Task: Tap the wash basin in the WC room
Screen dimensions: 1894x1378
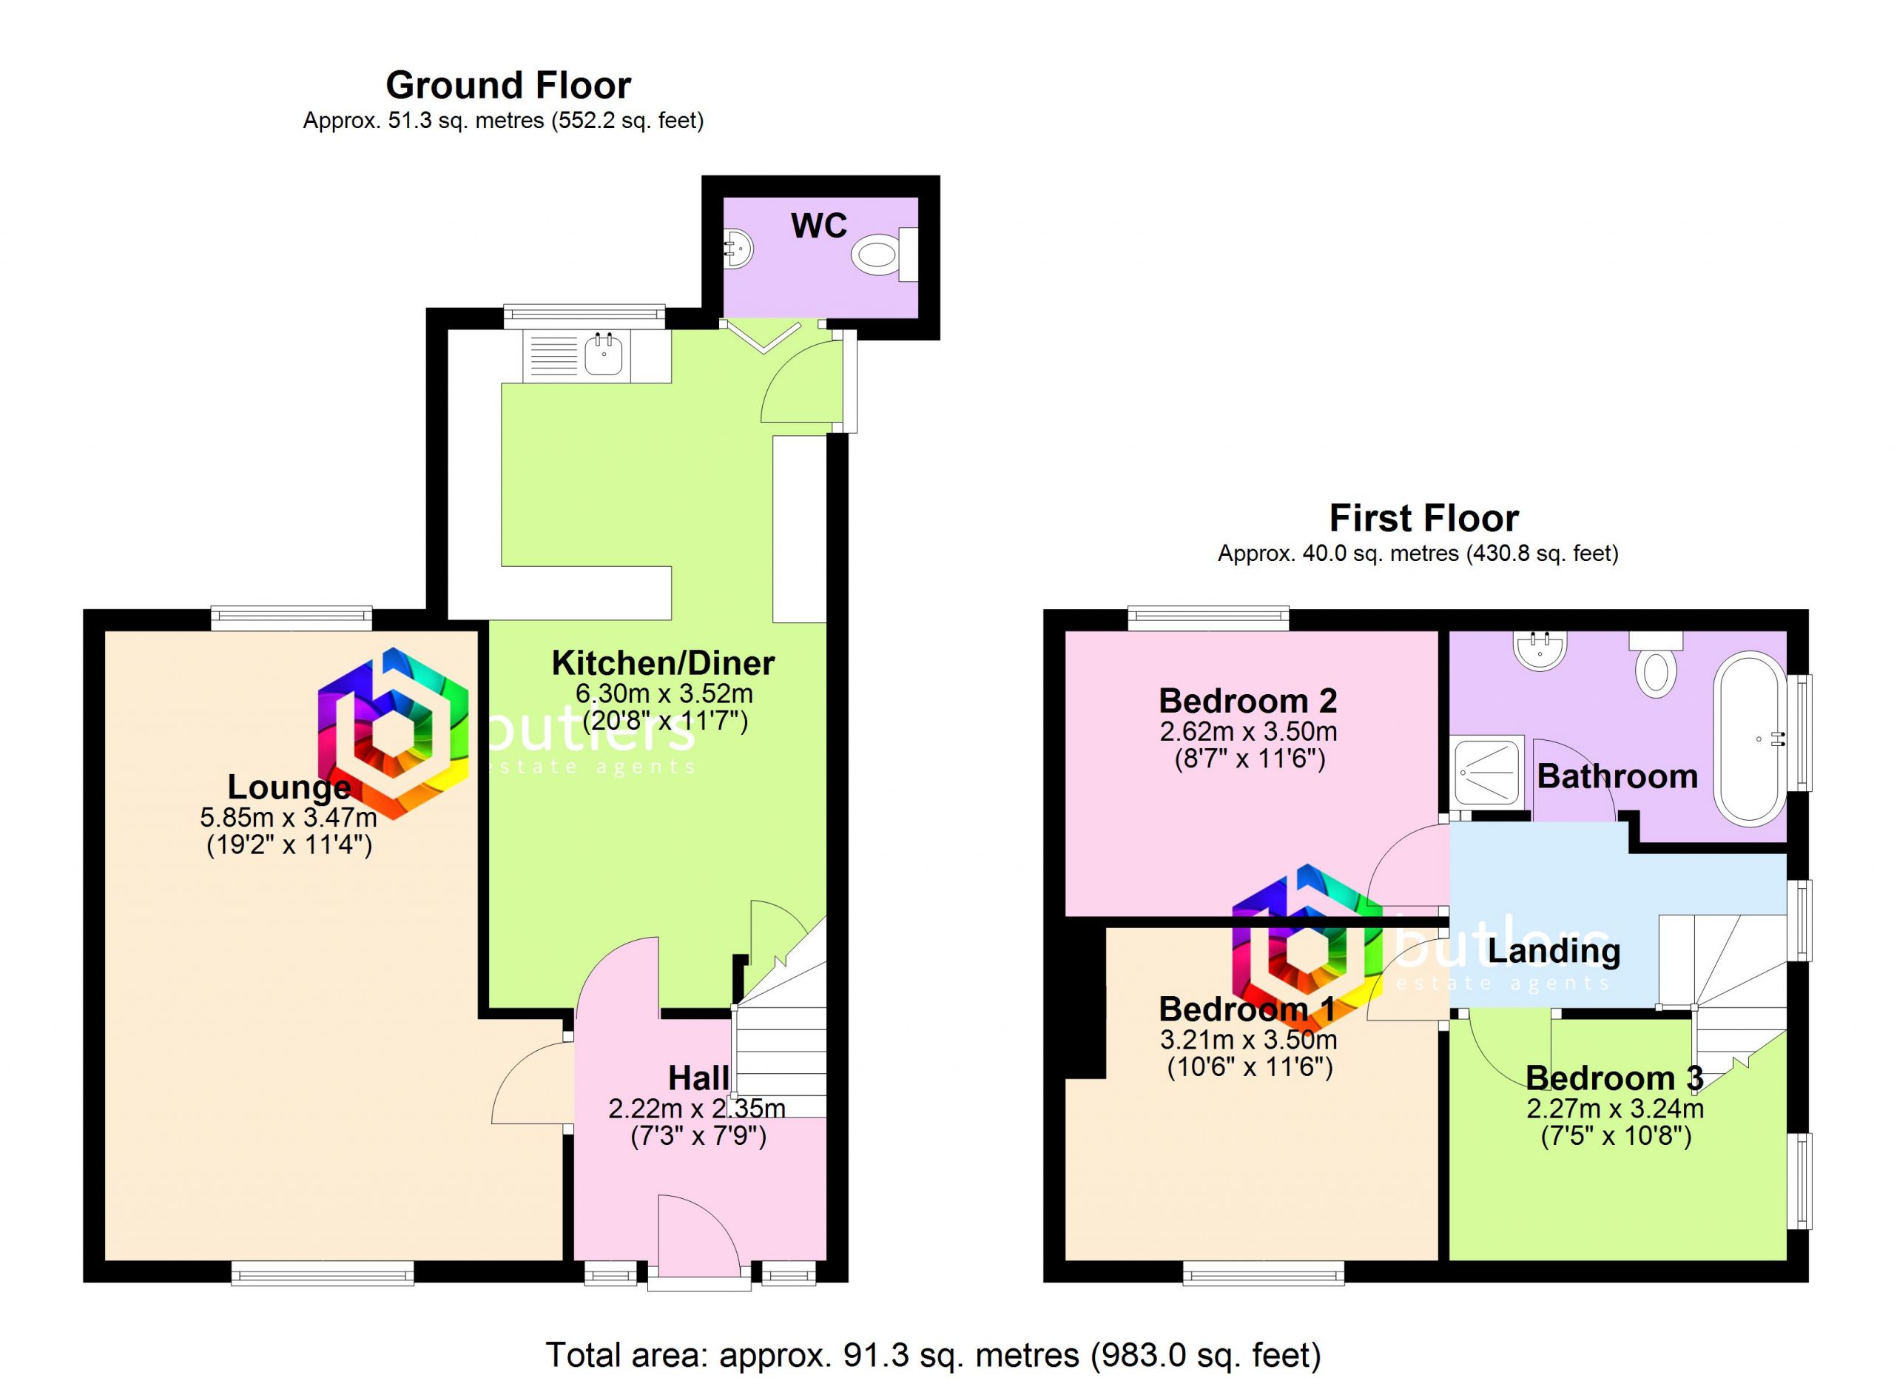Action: (738, 249)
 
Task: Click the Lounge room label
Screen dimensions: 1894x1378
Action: (289, 787)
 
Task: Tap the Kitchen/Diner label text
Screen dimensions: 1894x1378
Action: (663, 663)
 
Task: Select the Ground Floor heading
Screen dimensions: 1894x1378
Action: (508, 85)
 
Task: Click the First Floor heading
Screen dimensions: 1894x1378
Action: (1424, 518)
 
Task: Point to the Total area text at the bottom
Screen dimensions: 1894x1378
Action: (933, 1354)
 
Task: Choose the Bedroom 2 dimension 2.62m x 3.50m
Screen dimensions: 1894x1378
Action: (1247, 732)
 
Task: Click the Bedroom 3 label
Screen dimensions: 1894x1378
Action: (1614, 1078)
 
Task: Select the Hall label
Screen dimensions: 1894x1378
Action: (698, 1078)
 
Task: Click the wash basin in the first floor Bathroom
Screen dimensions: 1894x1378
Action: (1540, 650)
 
